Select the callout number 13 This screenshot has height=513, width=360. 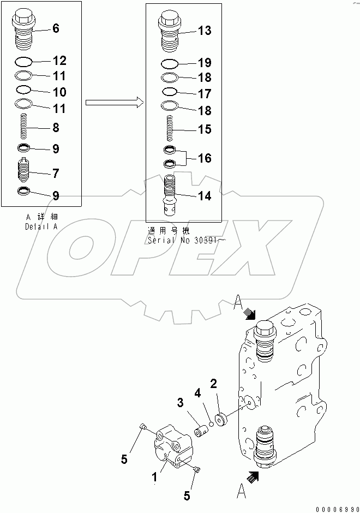pos(204,31)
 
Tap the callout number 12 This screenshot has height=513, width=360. pos(59,61)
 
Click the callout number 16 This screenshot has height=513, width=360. pos(204,159)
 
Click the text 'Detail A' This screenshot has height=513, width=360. pos(40,226)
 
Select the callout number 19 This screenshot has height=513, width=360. pos(204,63)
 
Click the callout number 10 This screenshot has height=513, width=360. pos(59,91)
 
